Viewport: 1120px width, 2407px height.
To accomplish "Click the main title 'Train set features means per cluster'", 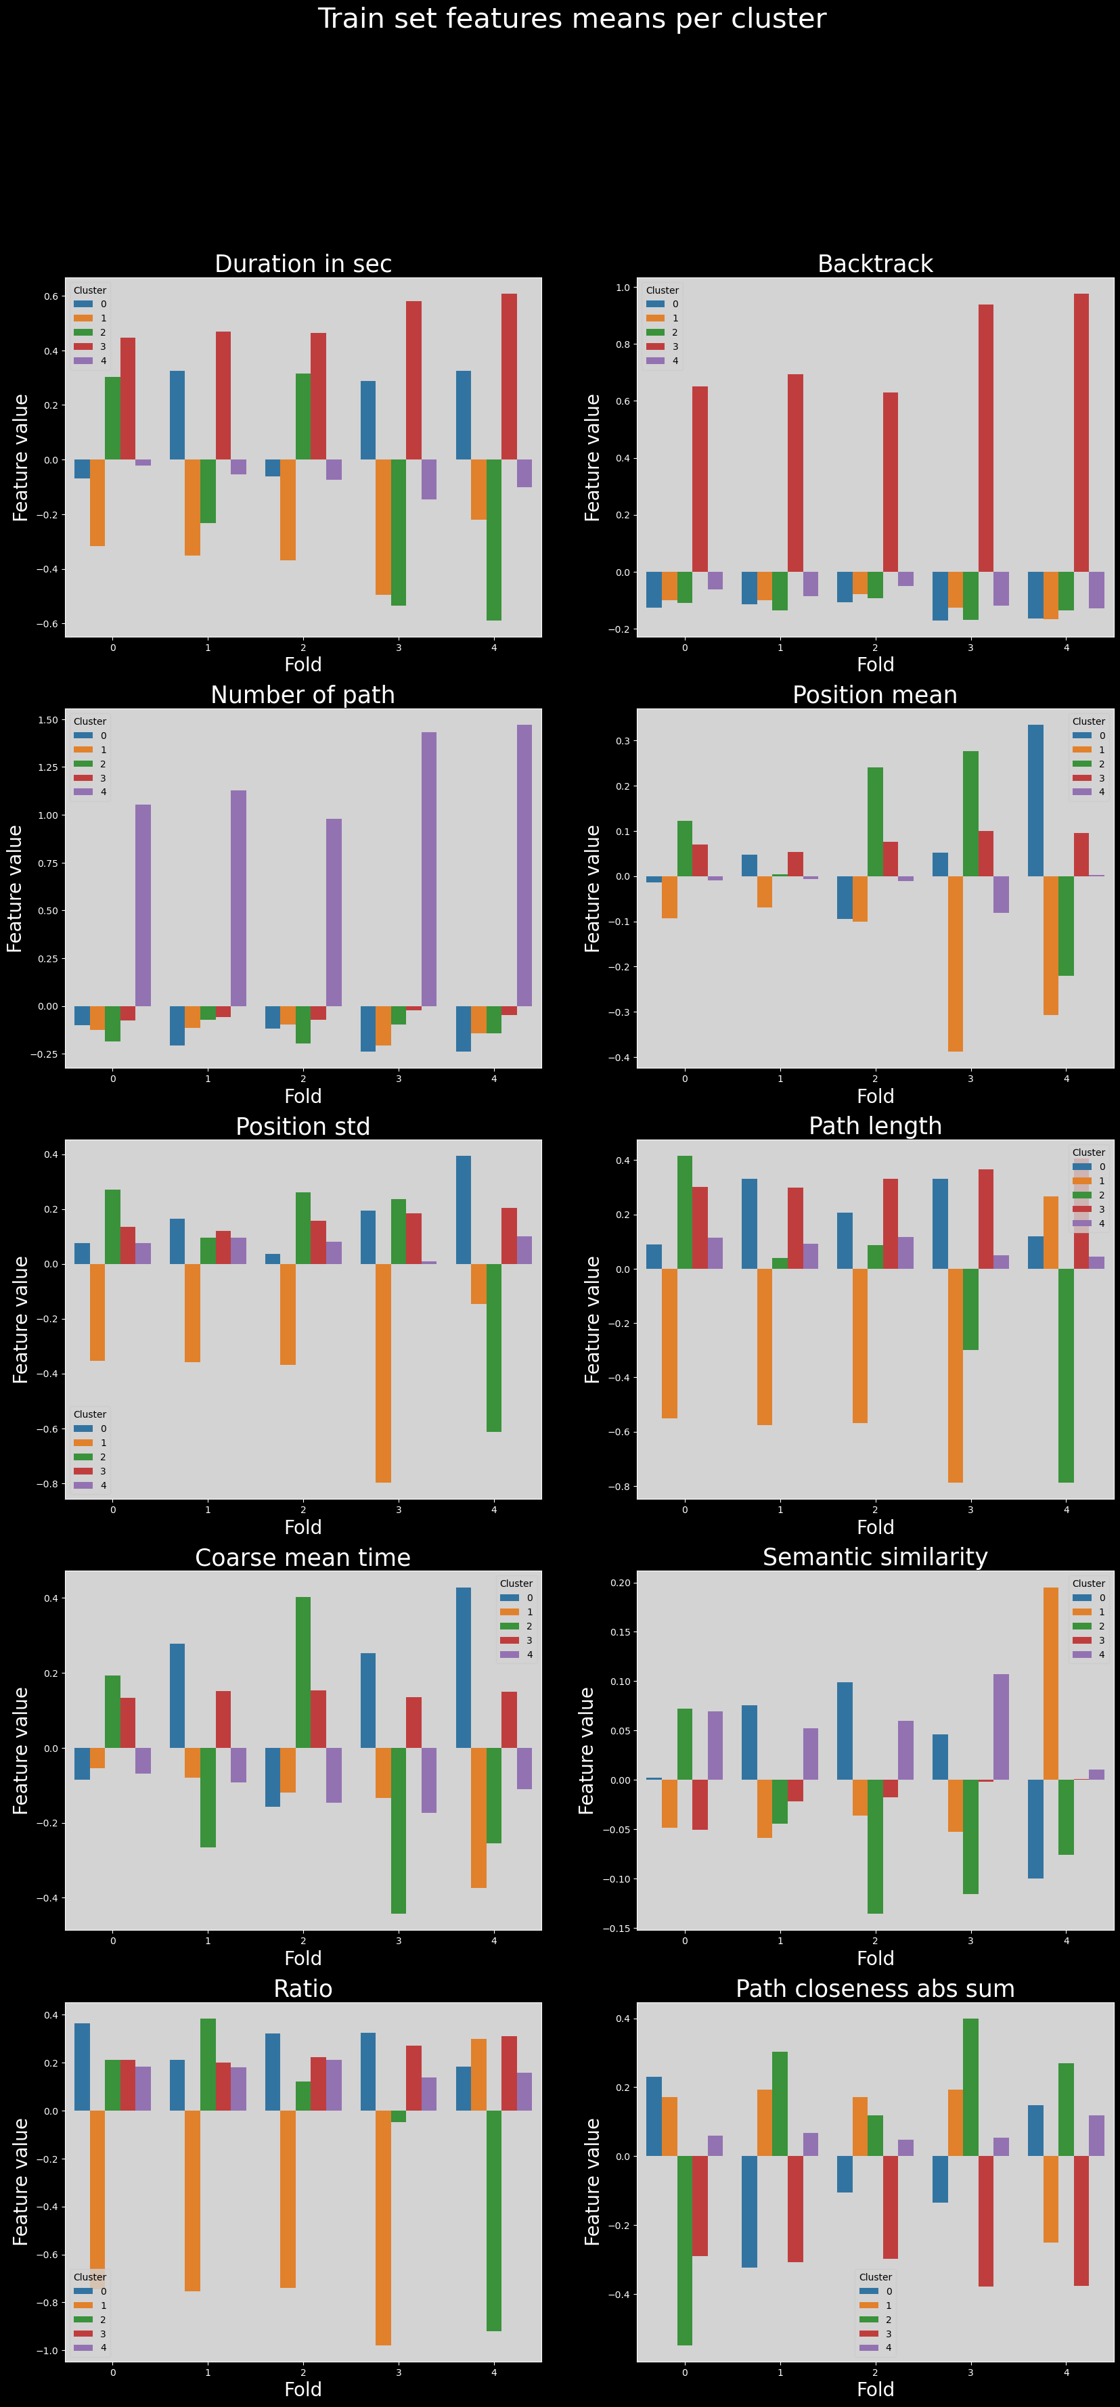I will coord(572,19).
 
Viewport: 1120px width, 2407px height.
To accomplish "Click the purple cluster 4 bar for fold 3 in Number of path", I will coord(429,869).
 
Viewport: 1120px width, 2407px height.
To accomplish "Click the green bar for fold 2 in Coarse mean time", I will coord(303,1673).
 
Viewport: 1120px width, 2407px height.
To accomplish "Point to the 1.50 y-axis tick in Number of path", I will coord(47,721).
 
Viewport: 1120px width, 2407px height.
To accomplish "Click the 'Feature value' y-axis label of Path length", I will coord(592,1320).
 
